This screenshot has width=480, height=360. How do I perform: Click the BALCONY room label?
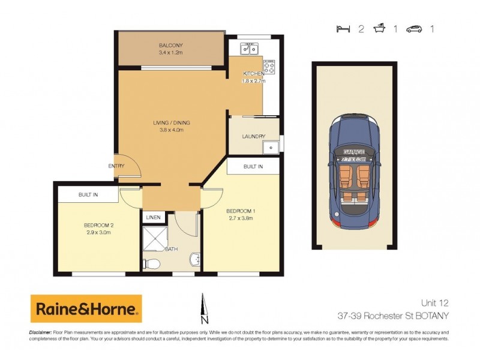[x=170, y=46]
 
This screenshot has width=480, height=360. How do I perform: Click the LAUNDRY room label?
[x=253, y=136]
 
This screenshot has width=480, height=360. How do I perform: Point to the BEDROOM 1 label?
[x=240, y=211]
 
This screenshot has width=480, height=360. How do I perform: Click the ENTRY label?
[x=116, y=166]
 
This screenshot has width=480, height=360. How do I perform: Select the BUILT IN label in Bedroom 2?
[x=88, y=195]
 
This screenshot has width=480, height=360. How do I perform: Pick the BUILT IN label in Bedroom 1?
[x=253, y=166]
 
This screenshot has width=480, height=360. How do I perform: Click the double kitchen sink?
[x=249, y=49]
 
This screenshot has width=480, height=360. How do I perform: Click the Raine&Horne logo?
[x=86, y=310]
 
